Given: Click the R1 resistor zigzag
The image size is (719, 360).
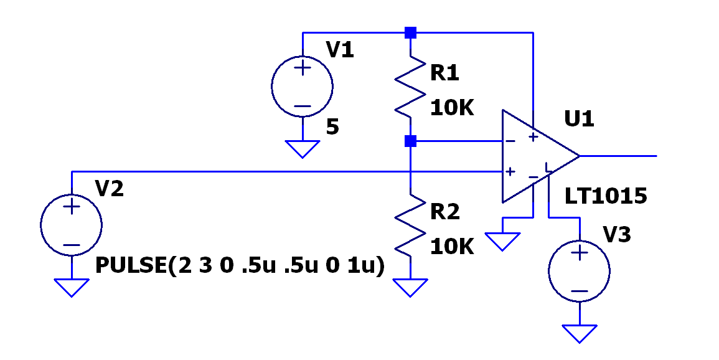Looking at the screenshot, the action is [x=410, y=87].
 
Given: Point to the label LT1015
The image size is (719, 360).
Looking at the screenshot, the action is [x=605, y=196].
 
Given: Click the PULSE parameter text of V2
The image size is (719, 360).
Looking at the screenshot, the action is [x=240, y=267].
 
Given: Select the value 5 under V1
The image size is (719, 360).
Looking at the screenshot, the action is [x=332, y=127].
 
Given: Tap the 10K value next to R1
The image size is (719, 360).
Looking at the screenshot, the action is [x=452, y=109].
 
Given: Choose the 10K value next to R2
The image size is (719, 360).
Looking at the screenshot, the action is [x=452, y=247].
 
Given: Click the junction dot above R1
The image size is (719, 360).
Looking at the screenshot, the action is [x=410, y=32].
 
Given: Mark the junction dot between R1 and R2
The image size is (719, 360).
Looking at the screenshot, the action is [x=410, y=141].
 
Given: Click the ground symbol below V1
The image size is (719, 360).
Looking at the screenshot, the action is [x=302, y=149].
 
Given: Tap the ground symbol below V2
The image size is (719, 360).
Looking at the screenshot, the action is [x=72, y=288].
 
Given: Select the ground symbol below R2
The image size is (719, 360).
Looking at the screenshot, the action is [x=410, y=288].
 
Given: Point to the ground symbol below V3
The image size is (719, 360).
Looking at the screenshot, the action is [x=580, y=334].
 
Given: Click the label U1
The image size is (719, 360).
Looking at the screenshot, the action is [x=580, y=119].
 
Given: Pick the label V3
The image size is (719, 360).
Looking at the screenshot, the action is [x=617, y=234].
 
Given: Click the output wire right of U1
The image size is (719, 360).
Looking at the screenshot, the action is [x=619, y=156].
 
